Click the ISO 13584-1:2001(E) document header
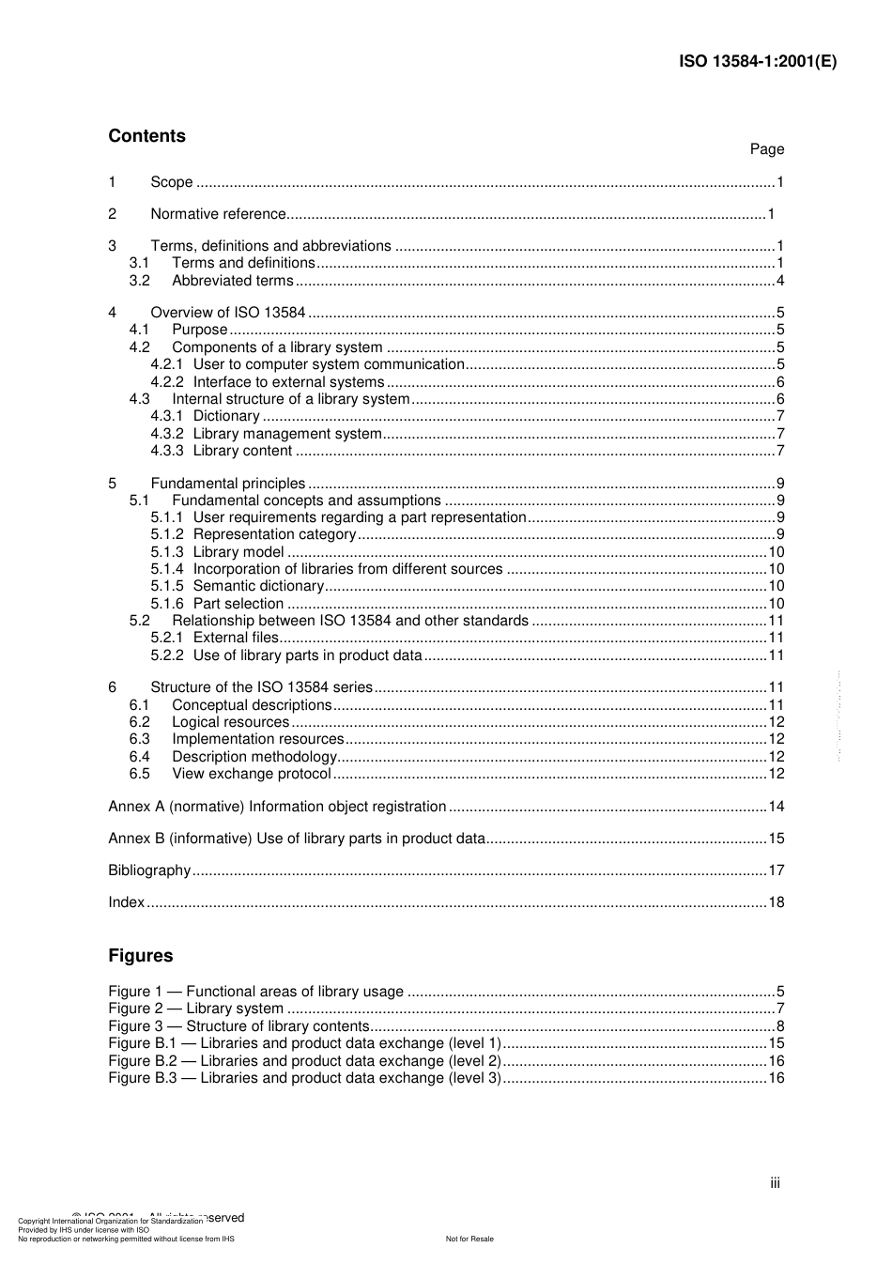point(757,62)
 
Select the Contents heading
point(146,136)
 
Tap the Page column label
point(766,149)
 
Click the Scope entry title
point(171,182)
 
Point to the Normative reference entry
point(218,214)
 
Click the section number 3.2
point(139,281)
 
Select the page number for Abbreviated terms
point(779,281)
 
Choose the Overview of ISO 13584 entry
point(227,313)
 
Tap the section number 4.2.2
point(166,382)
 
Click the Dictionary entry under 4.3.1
point(225,416)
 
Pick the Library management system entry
point(286,434)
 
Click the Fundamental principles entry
point(227,484)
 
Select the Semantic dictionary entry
point(257,586)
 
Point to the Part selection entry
point(238,604)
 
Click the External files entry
point(236,638)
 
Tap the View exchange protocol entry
point(251,774)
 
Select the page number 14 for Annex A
point(776,807)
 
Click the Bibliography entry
point(149,870)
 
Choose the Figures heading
point(141,956)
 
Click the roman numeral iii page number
point(775,1183)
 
